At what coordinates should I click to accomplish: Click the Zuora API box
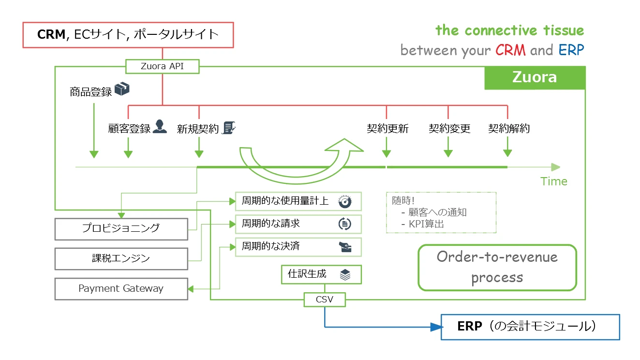pos(162,66)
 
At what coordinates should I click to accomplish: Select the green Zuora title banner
pos(535,77)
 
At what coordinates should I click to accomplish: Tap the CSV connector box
pos(325,300)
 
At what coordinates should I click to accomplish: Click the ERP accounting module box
pos(530,327)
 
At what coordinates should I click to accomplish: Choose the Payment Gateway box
pos(121,288)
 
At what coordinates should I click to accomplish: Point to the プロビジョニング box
pos(121,228)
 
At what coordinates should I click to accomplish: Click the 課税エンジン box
pos(121,258)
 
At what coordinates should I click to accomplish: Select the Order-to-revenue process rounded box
pos(497,267)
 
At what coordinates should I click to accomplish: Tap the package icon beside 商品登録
pos(122,89)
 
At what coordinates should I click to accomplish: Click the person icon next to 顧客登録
pos(160,127)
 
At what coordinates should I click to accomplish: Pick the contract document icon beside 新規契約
pos(228,127)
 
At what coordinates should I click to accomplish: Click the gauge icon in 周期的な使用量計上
pos(344,202)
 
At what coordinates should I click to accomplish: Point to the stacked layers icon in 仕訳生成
pos(345,275)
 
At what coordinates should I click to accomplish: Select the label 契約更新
pos(387,129)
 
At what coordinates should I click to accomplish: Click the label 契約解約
pos(509,129)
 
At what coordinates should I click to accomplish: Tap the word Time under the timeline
pos(554,181)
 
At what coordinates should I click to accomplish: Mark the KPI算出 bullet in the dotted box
pos(426,224)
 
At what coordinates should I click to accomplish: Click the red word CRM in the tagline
pos(510,50)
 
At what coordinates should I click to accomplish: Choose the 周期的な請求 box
pos(298,224)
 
